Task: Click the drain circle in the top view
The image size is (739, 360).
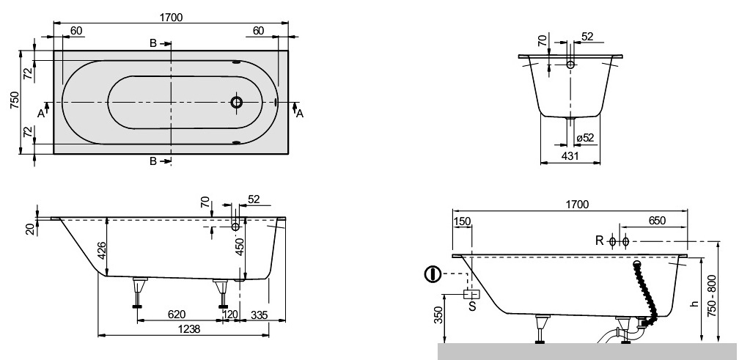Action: pos(237,102)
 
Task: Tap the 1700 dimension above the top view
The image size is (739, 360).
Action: pos(171,18)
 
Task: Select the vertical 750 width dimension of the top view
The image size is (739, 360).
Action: pos(15,100)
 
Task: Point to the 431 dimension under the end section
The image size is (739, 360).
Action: pos(570,156)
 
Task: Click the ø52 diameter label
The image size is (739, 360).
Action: pos(585,138)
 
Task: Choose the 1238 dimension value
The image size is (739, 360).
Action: pos(188,328)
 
